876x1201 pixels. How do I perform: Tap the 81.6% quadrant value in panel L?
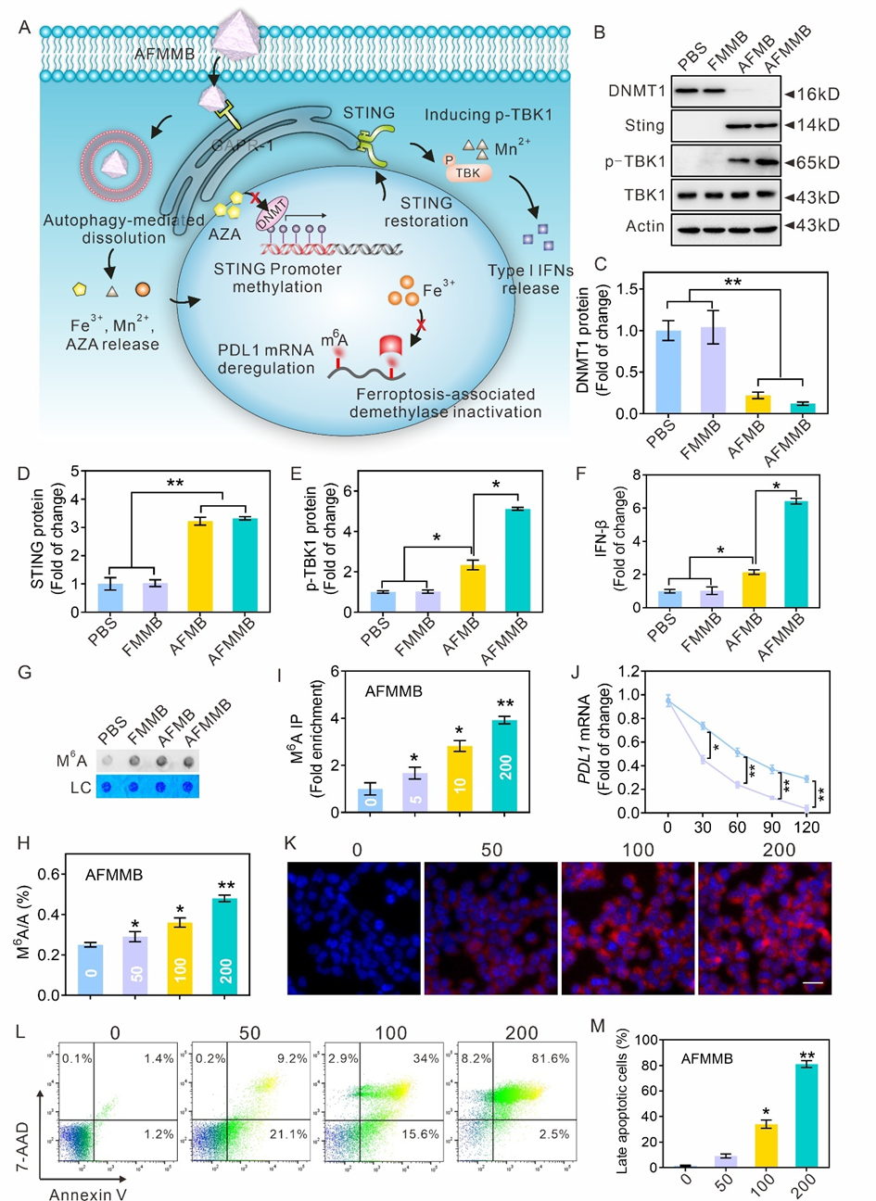pos(550,1058)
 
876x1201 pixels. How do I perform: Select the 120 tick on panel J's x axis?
pos(807,827)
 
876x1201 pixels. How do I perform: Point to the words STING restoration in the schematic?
pos(426,211)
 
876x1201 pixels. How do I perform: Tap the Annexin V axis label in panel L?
pos(88,1194)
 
